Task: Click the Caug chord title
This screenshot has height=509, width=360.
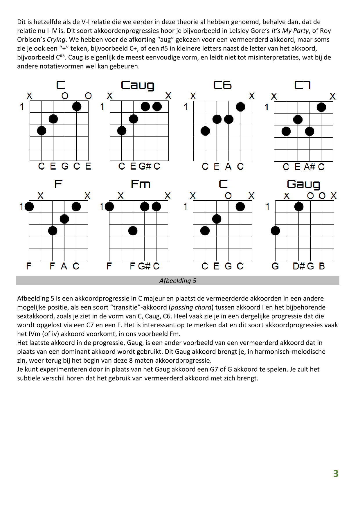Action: click(x=137, y=85)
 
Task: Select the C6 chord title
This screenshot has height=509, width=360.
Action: click(x=222, y=85)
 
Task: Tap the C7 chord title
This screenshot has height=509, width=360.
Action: click(x=303, y=85)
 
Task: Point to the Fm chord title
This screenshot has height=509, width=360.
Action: click(x=140, y=184)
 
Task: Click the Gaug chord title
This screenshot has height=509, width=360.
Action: click(x=303, y=184)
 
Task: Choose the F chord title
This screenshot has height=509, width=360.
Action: click(x=58, y=184)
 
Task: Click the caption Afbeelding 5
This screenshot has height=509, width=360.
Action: click(x=178, y=280)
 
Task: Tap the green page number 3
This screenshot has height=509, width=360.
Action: click(x=336, y=474)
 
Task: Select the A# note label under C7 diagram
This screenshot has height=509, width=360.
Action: click(x=309, y=167)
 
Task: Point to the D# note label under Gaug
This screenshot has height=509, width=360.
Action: click(x=298, y=266)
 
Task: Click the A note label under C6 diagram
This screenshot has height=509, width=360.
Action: click(x=228, y=166)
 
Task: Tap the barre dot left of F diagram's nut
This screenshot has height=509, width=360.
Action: click(x=29, y=207)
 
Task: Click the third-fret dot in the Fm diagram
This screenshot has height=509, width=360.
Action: click(x=133, y=231)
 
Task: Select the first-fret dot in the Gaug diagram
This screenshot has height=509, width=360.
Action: click(x=299, y=206)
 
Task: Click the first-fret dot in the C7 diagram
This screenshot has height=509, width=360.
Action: click(x=321, y=107)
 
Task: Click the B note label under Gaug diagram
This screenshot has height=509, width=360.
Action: click(x=322, y=266)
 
